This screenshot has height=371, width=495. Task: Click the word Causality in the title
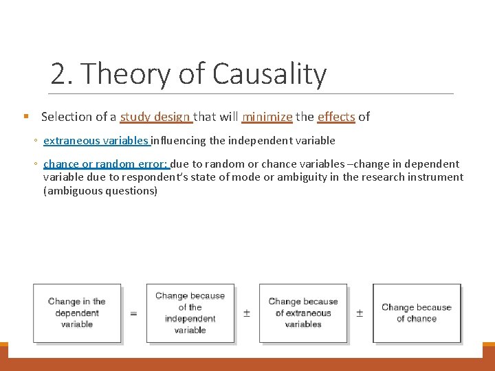click(x=270, y=74)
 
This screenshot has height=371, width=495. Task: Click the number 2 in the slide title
click(x=58, y=74)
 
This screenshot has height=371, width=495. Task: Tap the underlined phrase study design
click(x=155, y=117)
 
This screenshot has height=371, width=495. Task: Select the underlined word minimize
click(x=267, y=117)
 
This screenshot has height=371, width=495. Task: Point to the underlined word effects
click(x=336, y=117)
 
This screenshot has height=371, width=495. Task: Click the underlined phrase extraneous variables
click(x=96, y=141)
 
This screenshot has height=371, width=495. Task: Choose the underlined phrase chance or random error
click(x=105, y=164)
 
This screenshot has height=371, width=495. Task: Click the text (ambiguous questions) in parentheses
click(x=100, y=191)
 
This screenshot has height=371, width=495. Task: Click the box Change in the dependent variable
click(x=77, y=313)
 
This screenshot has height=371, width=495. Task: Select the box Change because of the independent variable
click(x=190, y=313)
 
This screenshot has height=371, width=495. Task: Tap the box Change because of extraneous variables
click(x=303, y=313)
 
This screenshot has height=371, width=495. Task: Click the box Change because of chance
click(x=417, y=313)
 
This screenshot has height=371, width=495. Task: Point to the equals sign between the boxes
click(x=133, y=313)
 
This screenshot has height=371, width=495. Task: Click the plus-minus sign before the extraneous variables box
click(x=247, y=313)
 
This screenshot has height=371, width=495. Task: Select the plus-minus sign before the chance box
click(x=360, y=313)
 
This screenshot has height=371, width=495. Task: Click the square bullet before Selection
click(x=25, y=117)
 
